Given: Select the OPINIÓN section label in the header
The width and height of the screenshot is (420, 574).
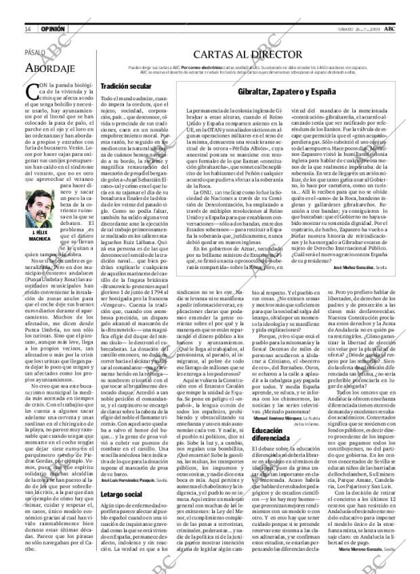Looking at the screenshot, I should tap(52, 29).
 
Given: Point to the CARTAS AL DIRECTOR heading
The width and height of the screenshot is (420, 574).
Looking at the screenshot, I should tap(247, 54).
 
